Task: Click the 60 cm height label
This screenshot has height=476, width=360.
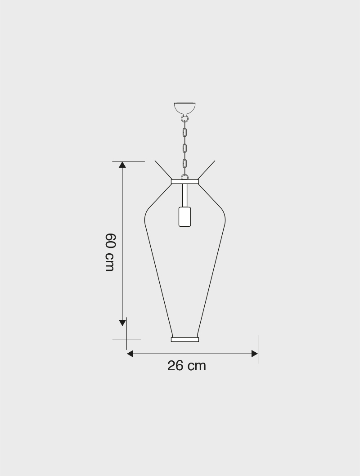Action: tap(110, 252)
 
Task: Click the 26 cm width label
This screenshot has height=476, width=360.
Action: tap(187, 366)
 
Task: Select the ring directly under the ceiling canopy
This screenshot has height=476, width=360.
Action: tap(184, 118)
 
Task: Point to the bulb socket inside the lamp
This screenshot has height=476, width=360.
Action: tap(185, 216)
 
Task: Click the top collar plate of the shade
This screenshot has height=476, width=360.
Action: tap(185, 182)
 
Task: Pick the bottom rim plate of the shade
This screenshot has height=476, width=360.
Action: tap(185, 339)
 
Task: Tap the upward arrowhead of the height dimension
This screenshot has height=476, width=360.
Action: tap(122, 165)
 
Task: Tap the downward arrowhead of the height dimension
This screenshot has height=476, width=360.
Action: tap(122, 323)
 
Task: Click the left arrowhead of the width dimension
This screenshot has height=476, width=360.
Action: tap(130, 354)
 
